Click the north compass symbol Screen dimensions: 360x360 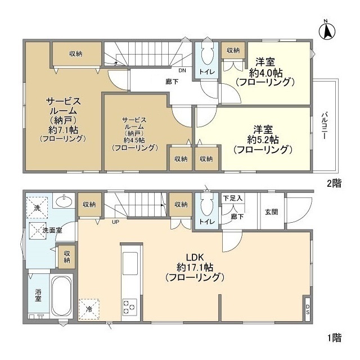pyautogui.click(x=327, y=29)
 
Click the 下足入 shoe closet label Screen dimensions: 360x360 pyautogui.click(x=232, y=198)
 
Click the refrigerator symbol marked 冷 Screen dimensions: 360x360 pyautogui.click(x=89, y=308)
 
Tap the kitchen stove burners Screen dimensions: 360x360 pyautogui.click(x=129, y=307)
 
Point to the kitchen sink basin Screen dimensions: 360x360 pyautogui.click(x=129, y=262)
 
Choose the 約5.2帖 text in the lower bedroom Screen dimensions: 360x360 pyautogui.click(x=263, y=139)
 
